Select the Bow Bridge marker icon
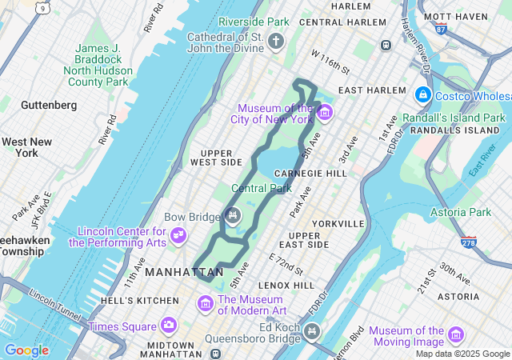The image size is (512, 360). pos(232,214)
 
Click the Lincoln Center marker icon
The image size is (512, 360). pos(178,235)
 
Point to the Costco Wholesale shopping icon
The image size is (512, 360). pos(422,96)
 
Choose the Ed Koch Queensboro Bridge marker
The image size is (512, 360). pos(311,330)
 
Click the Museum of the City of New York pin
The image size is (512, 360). pos(324,113)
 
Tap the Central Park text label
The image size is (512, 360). pos(261,189)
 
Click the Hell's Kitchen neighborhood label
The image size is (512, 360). pos(140,300)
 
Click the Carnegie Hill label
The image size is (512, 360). pos(310,173)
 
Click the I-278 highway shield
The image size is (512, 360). pos(470,241)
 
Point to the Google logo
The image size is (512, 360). pos(26,350)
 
